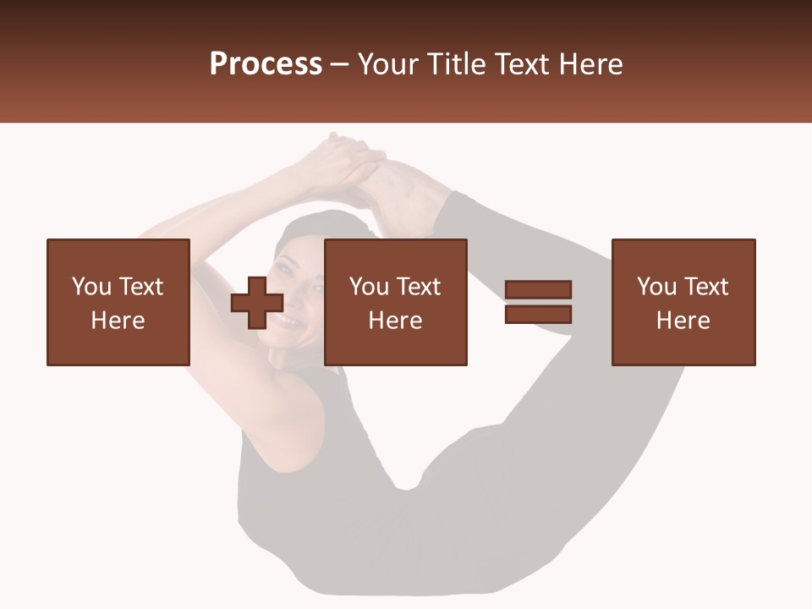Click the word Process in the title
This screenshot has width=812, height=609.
click(266, 64)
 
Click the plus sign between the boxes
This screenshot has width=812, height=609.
click(257, 303)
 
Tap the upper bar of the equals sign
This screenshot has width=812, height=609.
click(538, 290)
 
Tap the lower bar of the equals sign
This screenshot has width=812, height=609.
click(538, 315)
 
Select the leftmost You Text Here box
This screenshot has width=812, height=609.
click(118, 302)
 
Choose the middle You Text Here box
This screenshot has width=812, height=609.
click(395, 302)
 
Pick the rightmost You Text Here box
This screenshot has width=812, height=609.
click(683, 302)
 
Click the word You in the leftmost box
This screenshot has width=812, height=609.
click(91, 287)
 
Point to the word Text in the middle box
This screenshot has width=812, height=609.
click(418, 287)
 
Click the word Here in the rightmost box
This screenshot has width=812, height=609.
click(683, 321)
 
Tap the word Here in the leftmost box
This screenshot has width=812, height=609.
click(118, 321)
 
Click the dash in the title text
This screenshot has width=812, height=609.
click(339, 64)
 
